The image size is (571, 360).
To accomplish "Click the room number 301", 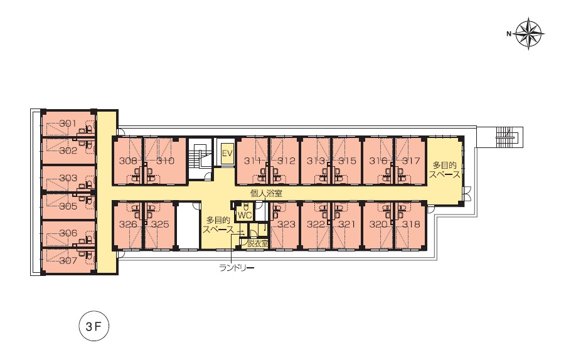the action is (x=68, y=124).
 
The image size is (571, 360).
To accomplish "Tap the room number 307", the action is (x=68, y=260).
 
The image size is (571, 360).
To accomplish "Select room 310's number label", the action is (x=166, y=161).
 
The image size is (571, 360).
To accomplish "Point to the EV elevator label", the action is (x=227, y=154).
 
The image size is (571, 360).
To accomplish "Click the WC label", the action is (x=244, y=215).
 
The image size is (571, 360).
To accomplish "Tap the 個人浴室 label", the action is (x=266, y=193).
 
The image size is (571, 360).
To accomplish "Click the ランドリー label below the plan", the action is (x=237, y=268).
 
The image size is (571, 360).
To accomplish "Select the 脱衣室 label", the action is (x=257, y=243).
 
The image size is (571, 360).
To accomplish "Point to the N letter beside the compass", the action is (x=509, y=34).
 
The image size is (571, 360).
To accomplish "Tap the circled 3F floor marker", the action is (x=94, y=326).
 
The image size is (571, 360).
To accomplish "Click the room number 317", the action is (x=411, y=161).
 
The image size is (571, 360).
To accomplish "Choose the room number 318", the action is (x=411, y=225).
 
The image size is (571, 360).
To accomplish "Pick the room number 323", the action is (x=286, y=225).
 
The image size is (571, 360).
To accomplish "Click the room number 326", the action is (x=128, y=225).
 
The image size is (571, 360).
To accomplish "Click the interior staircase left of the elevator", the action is (x=199, y=159).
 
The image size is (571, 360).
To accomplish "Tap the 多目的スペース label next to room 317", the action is (x=444, y=170).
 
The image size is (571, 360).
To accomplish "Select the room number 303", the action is (x=68, y=178).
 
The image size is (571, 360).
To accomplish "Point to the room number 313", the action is (x=316, y=161).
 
